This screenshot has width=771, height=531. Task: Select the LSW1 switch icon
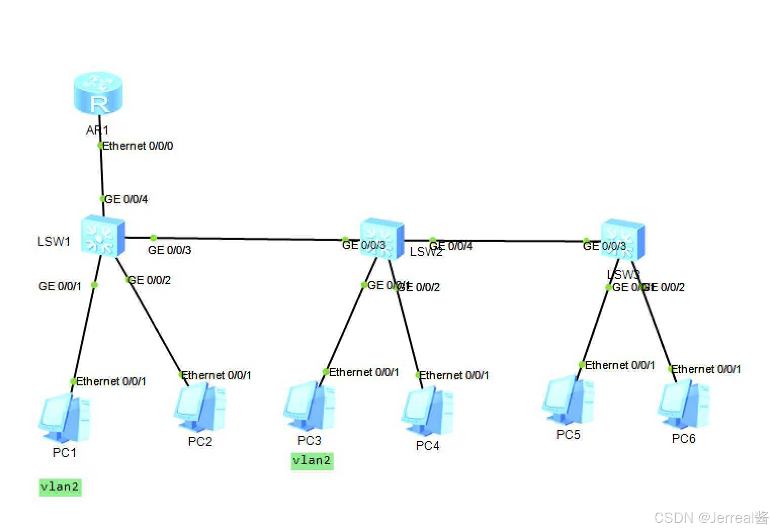point(103,236)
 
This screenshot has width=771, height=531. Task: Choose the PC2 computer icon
point(199,408)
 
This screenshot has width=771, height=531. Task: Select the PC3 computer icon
point(309,408)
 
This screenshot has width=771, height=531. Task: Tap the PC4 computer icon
point(427,412)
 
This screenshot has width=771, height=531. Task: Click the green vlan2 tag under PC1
point(60,487)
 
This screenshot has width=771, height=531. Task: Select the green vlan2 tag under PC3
point(312,461)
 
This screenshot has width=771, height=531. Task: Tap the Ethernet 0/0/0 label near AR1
point(138,146)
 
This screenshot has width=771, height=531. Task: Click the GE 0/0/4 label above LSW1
point(126,200)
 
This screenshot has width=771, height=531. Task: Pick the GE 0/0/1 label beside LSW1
point(60,287)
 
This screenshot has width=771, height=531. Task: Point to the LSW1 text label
point(54,241)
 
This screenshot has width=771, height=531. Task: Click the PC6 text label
point(683,438)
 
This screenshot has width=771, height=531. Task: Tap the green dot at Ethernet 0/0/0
point(101,146)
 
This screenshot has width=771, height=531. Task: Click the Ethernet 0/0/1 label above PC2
point(216,375)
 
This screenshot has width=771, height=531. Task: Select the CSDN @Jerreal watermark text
point(711,517)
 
